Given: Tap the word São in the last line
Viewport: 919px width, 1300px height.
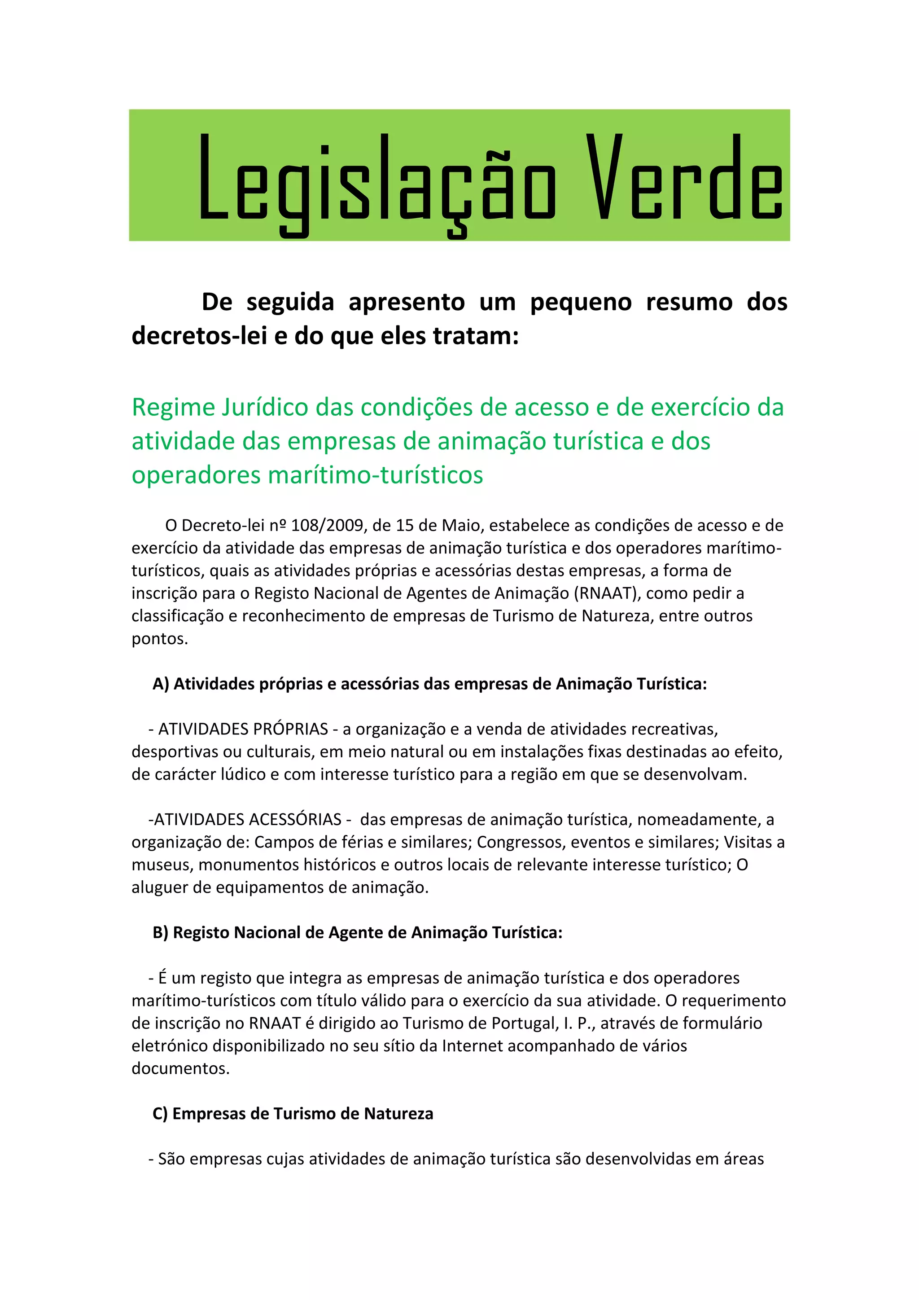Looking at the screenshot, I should [171, 1159].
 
